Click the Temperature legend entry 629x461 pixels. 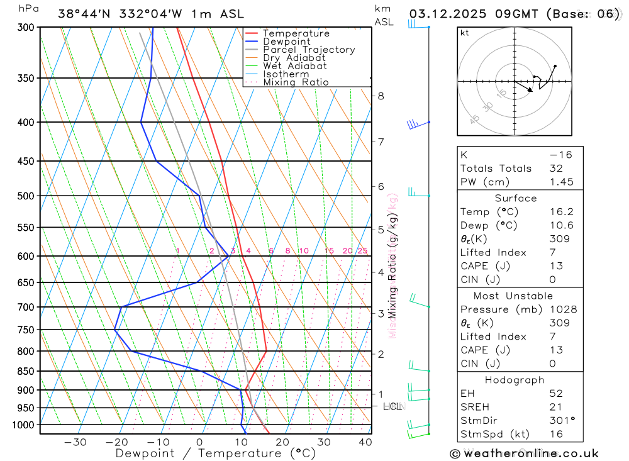pyautogui.click(x=296, y=33)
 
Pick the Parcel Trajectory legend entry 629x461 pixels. pyautogui.click(x=309, y=50)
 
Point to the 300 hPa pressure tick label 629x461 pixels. pyautogui.click(x=26, y=27)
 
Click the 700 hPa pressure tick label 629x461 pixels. pyautogui.click(x=26, y=307)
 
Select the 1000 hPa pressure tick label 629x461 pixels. pyautogui.click(x=23, y=425)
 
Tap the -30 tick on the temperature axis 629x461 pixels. pyautogui.click(x=75, y=442)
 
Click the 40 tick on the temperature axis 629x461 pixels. pyautogui.click(x=365, y=442)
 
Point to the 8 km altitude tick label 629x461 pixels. pyautogui.click(x=381, y=96)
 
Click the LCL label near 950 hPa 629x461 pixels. pyautogui.click(x=392, y=407)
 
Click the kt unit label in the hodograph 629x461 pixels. pyautogui.click(x=464, y=33)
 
